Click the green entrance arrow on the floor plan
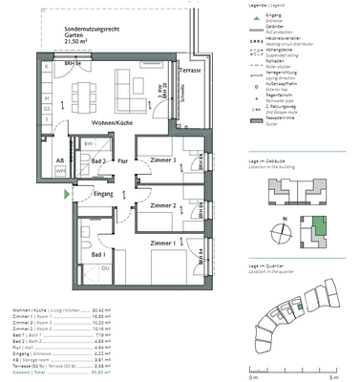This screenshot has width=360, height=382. coord(65,193)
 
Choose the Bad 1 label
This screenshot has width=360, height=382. coord(94,255)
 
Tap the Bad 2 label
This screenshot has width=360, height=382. coord(97,161)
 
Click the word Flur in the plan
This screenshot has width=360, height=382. coord(123,161)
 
